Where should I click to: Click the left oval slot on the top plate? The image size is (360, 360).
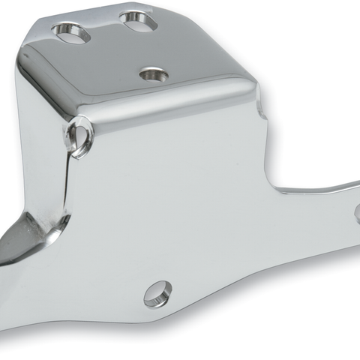pos(70,33)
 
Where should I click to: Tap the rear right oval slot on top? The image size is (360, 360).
pos(139,20)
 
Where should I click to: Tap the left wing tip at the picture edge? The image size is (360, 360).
pos(4,259)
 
